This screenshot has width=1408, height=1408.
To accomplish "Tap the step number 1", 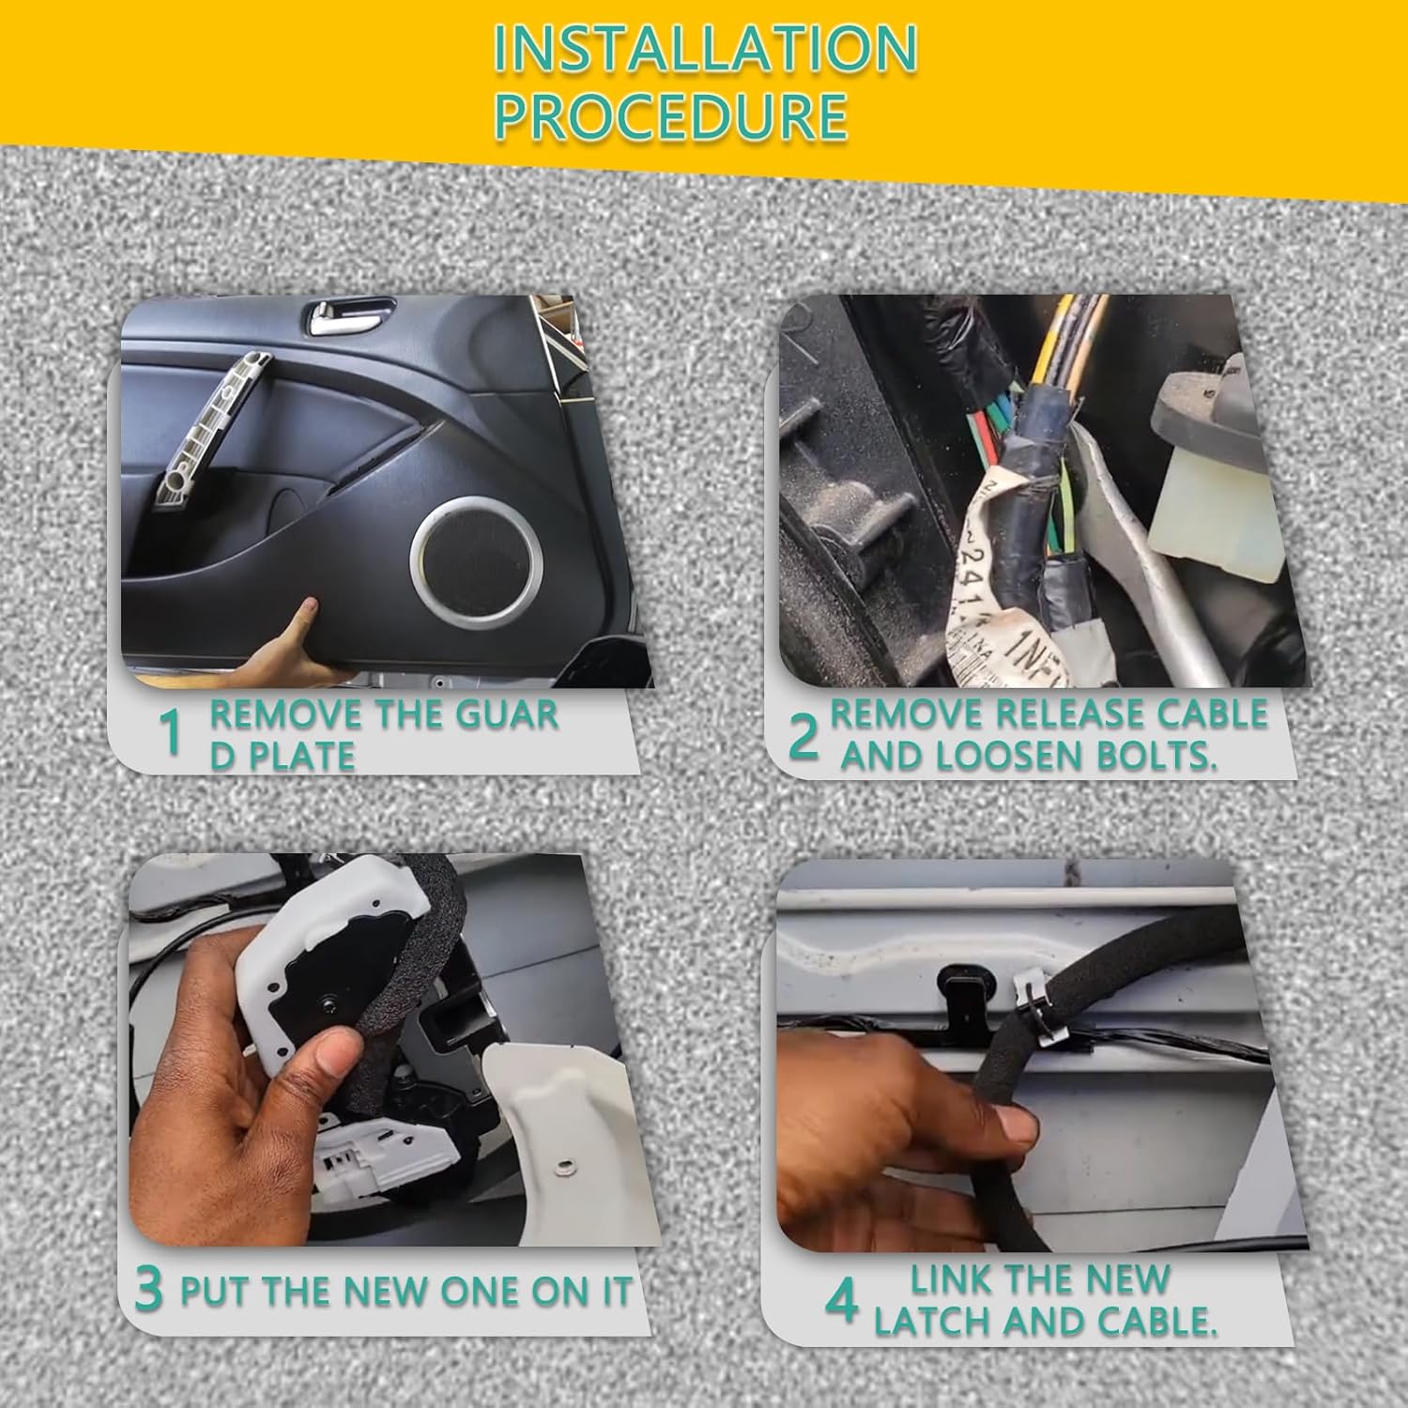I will [170, 733].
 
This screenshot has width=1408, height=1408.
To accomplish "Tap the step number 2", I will [803, 736].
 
